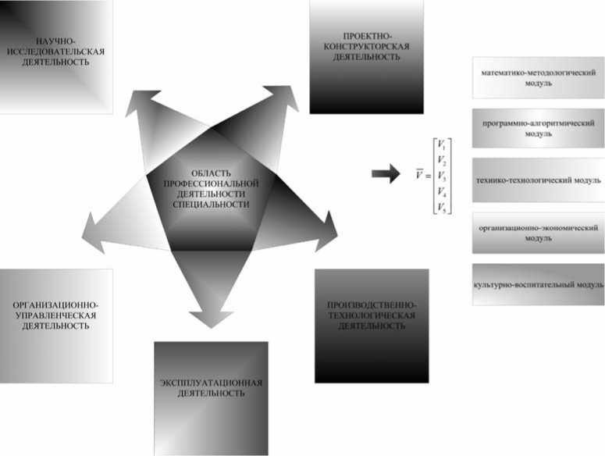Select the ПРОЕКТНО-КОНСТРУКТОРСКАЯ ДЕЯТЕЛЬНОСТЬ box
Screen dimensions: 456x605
tap(366, 56)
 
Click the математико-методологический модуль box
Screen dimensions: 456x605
tap(538, 77)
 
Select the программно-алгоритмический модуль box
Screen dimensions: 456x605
tap(538, 128)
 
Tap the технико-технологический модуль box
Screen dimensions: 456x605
tap(538, 180)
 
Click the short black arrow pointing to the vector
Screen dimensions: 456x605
tap(384, 174)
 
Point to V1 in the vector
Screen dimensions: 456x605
tap(442, 144)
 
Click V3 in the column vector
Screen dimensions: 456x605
tap(442, 176)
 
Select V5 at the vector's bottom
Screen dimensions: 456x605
tap(442, 207)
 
